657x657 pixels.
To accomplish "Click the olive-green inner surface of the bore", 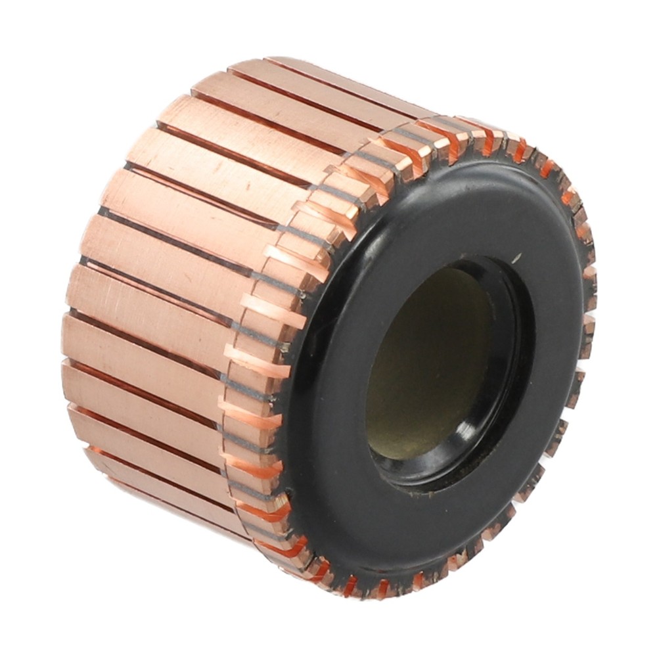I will tap(427, 368).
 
